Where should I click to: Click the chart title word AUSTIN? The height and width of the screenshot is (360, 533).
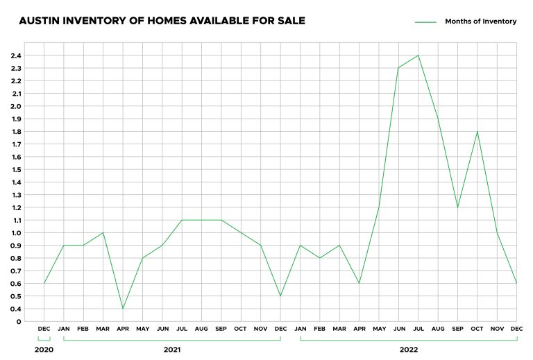pyautogui.click(x=40, y=21)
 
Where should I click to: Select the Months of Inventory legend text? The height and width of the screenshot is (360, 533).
pyautogui.click(x=480, y=22)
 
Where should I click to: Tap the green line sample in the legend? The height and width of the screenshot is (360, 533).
pyautogui.click(x=425, y=22)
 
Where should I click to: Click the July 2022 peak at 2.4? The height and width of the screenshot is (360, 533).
pyautogui.click(x=418, y=55)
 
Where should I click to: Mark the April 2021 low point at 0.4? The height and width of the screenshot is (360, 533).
pyautogui.click(x=123, y=309)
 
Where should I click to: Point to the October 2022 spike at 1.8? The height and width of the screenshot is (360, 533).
pyautogui.click(x=477, y=131)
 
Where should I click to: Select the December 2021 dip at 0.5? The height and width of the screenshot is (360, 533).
pyautogui.click(x=280, y=296)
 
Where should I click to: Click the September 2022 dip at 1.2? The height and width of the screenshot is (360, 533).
pyautogui.click(x=458, y=207)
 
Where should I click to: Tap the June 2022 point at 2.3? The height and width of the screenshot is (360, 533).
pyautogui.click(x=398, y=68)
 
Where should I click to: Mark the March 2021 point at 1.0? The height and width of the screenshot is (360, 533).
pyautogui.click(x=103, y=232)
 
